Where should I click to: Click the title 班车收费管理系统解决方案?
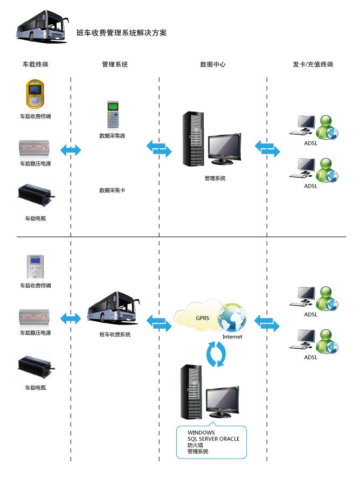click(122, 33)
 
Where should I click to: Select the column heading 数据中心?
click(213, 65)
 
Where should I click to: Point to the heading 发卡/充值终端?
click(313, 65)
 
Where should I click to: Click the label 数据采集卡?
click(112, 190)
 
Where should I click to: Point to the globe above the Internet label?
click(232, 318)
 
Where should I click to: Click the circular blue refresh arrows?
click(218, 355)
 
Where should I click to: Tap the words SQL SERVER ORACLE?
click(213, 439)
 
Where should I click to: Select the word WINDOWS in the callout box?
click(201, 432)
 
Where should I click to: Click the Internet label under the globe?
click(232, 337)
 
